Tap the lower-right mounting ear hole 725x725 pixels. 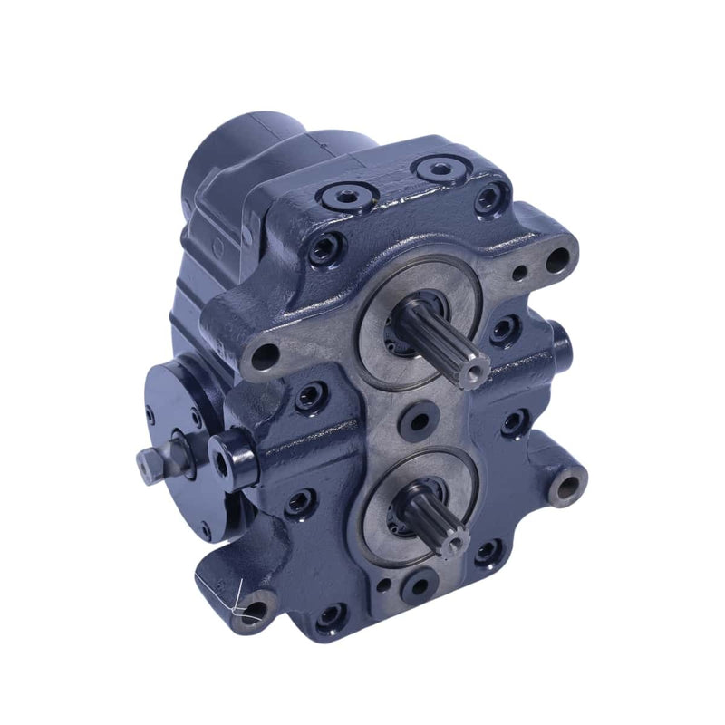click(567, 488)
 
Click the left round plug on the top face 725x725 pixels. click(346, 194)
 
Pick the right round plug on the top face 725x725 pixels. click(440, 169)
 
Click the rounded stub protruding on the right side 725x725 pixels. click(561, 345)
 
